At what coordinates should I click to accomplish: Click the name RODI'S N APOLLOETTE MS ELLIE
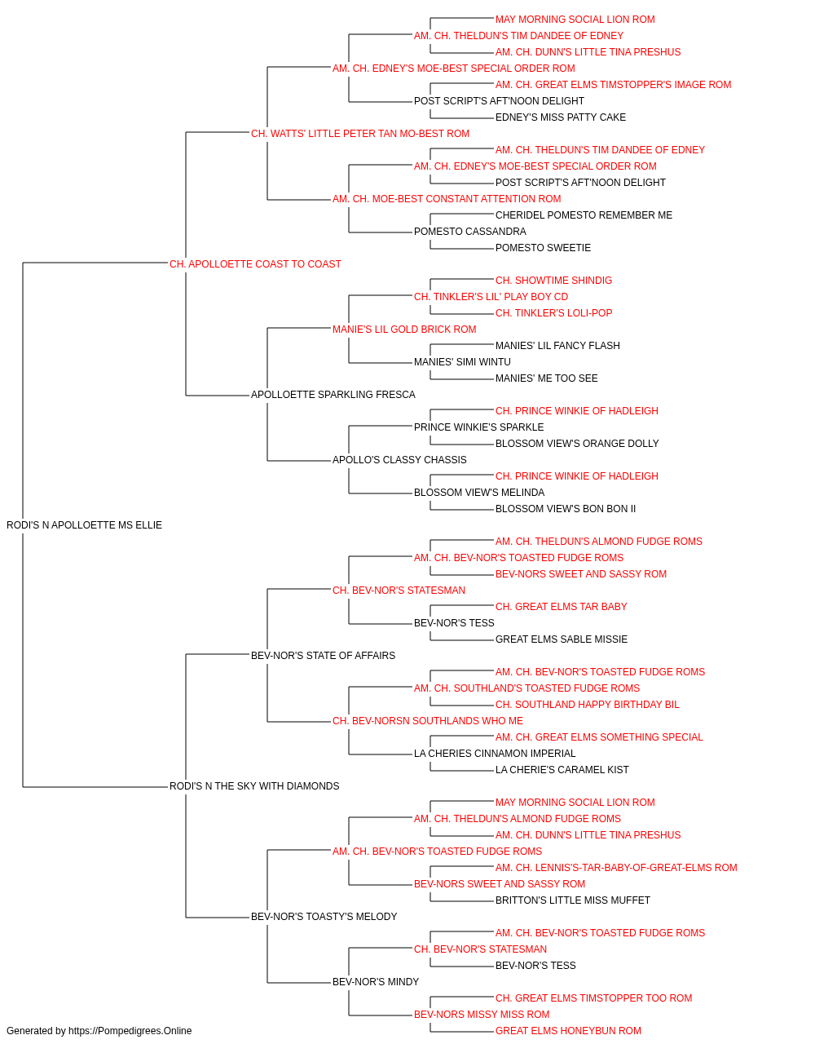tap(84, 525)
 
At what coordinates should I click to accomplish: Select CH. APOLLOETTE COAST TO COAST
tap(255, 264)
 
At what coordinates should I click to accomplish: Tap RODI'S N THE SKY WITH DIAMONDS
tap(254, 786)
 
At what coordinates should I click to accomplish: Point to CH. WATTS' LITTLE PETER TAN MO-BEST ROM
tap(360, 134)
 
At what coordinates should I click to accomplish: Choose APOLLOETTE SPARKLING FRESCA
tap(333, 395)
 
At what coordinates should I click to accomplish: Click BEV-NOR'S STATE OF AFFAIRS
tap(323, 655)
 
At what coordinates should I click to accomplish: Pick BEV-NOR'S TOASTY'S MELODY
tap(324, 916)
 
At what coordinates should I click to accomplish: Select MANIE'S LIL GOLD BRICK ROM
tap(404, 329)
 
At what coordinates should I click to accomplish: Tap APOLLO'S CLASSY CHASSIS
tap(399, 460)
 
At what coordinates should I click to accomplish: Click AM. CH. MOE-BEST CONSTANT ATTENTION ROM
tap(447, 199)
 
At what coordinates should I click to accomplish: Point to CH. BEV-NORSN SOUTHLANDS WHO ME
tap(428, 721)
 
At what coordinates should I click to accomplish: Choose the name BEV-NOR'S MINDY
tap(376, 981)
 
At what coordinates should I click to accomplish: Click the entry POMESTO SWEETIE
tap(543, 248)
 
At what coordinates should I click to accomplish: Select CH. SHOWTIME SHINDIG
tap(553, 280)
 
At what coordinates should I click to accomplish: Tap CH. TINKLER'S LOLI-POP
tap(553, 312)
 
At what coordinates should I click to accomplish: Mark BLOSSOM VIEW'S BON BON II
tap(565, 509)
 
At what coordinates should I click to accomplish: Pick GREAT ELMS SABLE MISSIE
tap(561, 639)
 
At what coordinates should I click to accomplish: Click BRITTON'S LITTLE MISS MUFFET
tap(573, 900)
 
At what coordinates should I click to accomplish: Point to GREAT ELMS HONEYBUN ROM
tap(568, 1031)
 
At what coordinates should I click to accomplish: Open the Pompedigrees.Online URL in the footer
tap(130, 1031)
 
